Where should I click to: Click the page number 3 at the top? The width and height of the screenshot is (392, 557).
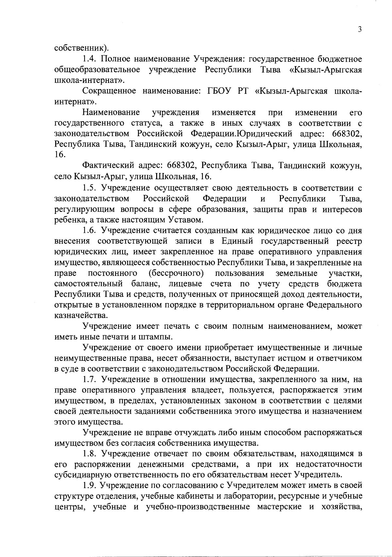pos(360,29)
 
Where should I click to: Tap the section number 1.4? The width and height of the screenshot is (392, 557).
pos(89,59)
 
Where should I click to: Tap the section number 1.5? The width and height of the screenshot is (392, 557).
pos(89,188)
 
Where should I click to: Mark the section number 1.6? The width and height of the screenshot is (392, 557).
pos(89,231)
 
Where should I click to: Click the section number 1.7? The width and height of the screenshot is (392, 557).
pos(89,379)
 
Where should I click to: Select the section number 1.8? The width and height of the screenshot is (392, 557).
pos(89,454)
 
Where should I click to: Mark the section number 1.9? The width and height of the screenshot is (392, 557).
pos(89,486)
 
